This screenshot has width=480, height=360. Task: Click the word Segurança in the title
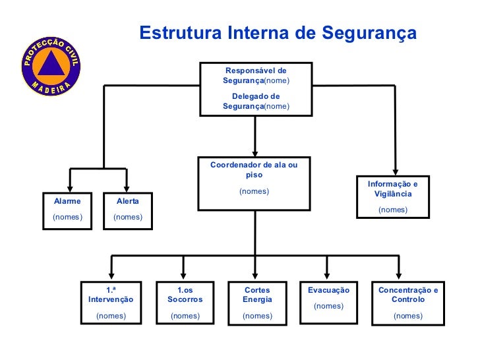click(x=369, y=34)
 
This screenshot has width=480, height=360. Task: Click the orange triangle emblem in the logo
click(x=51, y=65)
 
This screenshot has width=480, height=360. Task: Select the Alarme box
click(x=67, y=211)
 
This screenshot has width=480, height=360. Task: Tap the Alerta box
click(x=128, y=211)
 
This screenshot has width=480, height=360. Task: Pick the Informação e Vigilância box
click(x=393, y=197)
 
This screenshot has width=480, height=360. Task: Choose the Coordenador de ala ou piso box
click(x=255, y=184)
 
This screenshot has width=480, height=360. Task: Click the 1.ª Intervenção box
click(x=111, y=303)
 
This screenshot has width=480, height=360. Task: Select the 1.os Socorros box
click(x=185, y=303)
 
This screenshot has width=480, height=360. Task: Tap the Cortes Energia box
click(x=257, y=303)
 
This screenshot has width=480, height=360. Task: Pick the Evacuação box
click(x=329, y=303)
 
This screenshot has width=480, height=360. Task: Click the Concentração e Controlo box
click(x=408, y=303)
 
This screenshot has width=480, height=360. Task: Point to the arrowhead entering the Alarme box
click(x=70, y=189)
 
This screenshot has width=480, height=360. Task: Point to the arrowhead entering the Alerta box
click(x=127, y=189)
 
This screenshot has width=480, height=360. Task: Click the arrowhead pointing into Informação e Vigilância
click(x=396, y=172)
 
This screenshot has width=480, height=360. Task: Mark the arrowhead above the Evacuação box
click(x=327, y=276)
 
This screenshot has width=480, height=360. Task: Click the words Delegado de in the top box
click(x=256, y=96)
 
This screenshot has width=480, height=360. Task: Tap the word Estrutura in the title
click(x=181, y=32)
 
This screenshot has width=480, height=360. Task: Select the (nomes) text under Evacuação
click(x=329, y=306)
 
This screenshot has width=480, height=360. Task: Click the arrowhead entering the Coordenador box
click(x=255, y=154)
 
